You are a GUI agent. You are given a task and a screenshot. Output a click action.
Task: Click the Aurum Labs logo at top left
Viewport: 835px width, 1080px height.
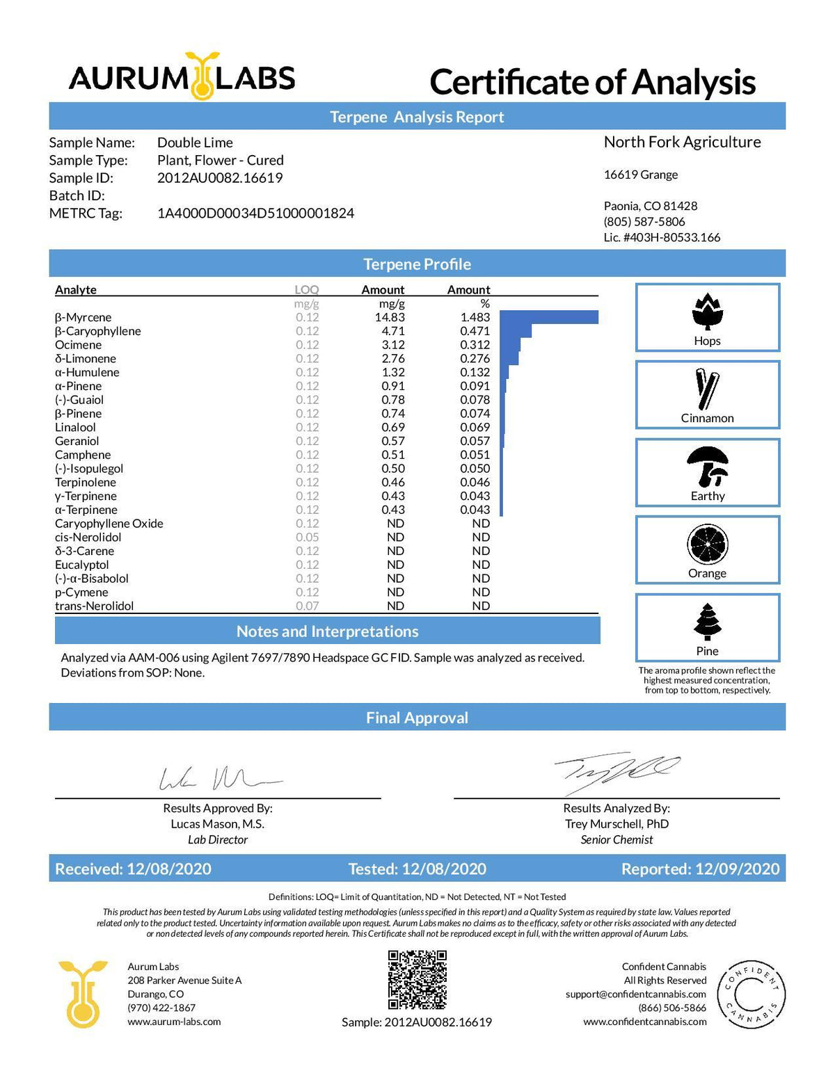(x=182, y=77)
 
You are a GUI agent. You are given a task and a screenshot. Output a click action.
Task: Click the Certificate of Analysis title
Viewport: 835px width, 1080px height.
(x=592, y=82)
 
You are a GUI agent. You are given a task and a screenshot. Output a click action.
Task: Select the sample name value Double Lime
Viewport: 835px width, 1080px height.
(x=195, y=143)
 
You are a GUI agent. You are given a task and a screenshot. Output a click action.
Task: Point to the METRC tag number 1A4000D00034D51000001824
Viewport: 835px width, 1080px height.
(x=255, y=213)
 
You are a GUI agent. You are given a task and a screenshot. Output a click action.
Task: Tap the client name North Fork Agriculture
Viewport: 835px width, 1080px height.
(x=682, y=143)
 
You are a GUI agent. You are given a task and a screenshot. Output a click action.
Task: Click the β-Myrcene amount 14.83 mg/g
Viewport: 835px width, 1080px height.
(x=390, y=318)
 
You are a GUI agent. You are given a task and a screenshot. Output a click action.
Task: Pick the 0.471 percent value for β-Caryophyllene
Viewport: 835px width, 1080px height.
(x=475, y=332)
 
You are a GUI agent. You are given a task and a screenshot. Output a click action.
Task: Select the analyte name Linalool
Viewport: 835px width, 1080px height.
(x=75, y=428)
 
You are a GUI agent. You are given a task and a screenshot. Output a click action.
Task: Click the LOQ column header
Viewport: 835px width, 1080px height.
(x=306, y=290)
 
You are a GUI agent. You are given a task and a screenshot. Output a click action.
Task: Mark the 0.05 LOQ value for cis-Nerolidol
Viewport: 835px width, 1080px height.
(x=307, y=538)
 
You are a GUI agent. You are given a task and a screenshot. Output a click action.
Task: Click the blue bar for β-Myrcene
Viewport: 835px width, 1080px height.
(x=548, y=318)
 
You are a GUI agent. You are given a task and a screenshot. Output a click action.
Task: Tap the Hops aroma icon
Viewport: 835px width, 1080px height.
(x=707, y=311)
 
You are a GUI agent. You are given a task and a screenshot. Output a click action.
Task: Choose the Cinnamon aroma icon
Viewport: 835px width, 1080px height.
(x=707, y=389)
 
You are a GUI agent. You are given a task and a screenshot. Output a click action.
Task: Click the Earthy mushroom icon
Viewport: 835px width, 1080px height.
(x=707, y=467)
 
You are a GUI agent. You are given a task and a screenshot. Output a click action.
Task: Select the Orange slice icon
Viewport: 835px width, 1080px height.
(x=707, y=545)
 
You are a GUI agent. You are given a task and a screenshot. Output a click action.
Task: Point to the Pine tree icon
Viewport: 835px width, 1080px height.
(x=707, y=622)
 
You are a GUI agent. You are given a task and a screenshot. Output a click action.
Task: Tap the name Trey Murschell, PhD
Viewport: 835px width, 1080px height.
(x=617, y=824)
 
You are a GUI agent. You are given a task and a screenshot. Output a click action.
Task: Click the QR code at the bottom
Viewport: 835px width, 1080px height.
(x=417, y=980)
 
